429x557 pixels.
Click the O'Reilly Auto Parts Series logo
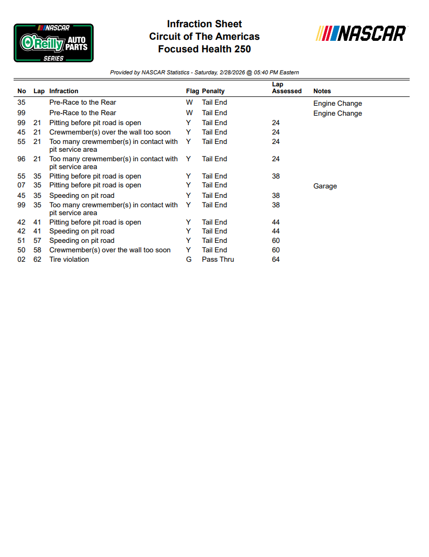(x=53, y=43)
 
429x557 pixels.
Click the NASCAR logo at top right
(x=361, y=34)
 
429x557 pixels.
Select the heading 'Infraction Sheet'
(x=204, y=24)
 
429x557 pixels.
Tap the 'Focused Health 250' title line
(x=204, y=49)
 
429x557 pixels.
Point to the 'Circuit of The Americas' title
(x=204, y=37)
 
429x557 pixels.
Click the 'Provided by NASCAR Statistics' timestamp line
(x=204, y=72)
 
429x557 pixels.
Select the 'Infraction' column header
(x=64, y=91)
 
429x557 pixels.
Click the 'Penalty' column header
(x=213, y=91)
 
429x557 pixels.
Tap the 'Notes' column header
(x=322, y=91)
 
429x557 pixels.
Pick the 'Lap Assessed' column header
(x=286, y=88)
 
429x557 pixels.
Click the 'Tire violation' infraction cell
(x=69, y=260)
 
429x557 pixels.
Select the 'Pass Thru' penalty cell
(x=218, y=260)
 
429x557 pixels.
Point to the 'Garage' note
(x=325, y=186)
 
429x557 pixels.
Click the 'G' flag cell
(x=189, y=260)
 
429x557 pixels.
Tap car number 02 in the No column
(x=21, y=260)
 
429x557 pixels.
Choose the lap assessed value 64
(x=276, y=260)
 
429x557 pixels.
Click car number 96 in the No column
(x=21, y=159)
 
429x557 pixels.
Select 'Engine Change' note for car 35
(x=337, y=104)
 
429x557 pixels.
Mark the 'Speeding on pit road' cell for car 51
(x=82, y=241)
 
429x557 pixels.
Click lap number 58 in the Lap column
(x=37, y=250)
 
